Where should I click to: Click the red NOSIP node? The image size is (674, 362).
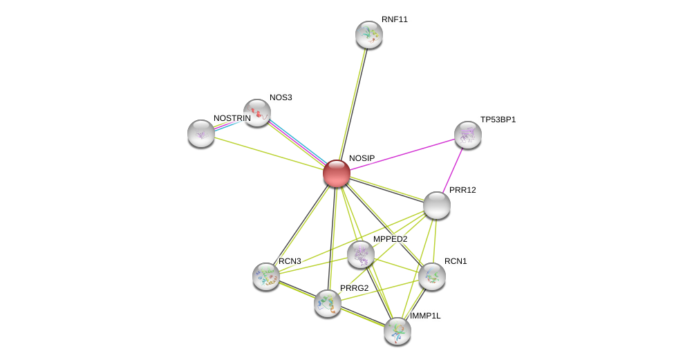click(337, 173)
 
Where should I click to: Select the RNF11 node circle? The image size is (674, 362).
click(369, 35)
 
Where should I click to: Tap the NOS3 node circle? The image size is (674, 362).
click(256, 113)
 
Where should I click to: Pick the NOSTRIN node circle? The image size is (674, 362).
click(201, 133)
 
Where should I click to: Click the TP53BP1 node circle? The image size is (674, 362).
click(468, 135)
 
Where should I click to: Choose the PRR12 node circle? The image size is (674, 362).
click(437, 205)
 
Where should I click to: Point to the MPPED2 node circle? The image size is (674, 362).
click(361, 254)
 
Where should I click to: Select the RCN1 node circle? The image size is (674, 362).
click(432, 276)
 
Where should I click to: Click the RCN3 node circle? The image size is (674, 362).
click(266, 276)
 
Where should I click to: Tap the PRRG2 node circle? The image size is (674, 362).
click(328, 303)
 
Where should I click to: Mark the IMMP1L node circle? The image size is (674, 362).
click(397, 331)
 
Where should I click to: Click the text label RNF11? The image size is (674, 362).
click(395, 19)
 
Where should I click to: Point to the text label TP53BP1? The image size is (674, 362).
click(498, 120)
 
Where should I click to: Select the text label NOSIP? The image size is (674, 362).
click(362, 158)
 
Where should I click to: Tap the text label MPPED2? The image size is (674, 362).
click(391, 239)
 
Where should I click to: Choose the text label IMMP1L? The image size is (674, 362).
click(425, 316)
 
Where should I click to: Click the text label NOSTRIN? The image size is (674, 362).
click(232, 118)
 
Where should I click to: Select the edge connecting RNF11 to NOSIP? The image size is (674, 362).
click(353, 104)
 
